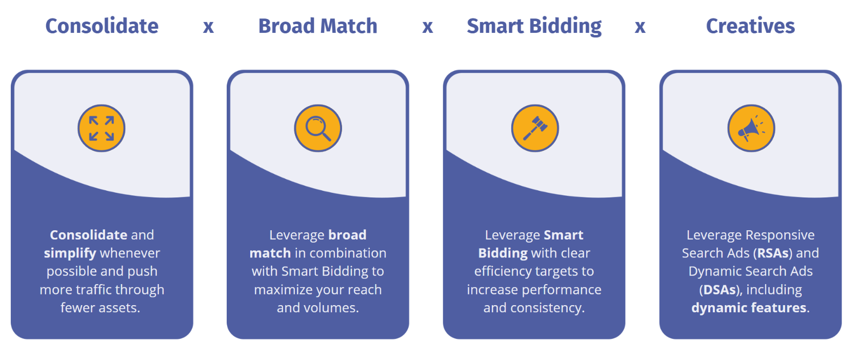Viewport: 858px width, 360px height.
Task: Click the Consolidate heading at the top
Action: click(102, 26)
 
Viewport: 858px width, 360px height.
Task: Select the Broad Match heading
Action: click(317, 26)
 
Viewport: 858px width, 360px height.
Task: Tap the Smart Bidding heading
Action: click(534, 26)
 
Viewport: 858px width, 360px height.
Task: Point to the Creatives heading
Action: click(750, 26)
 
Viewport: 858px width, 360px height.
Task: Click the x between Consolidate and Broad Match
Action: click(208, 27)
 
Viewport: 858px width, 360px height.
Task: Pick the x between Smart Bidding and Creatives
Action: click(640, 27)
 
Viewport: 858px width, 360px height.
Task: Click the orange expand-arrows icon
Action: click(102, 128)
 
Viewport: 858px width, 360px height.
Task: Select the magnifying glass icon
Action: click(318, 128)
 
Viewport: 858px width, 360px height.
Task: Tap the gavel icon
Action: click(535, 128)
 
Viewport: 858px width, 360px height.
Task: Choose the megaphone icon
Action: click(751, 128)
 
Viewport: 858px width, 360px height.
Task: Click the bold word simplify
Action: click(70, 253)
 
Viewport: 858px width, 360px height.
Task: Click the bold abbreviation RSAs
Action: click(772, 253)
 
